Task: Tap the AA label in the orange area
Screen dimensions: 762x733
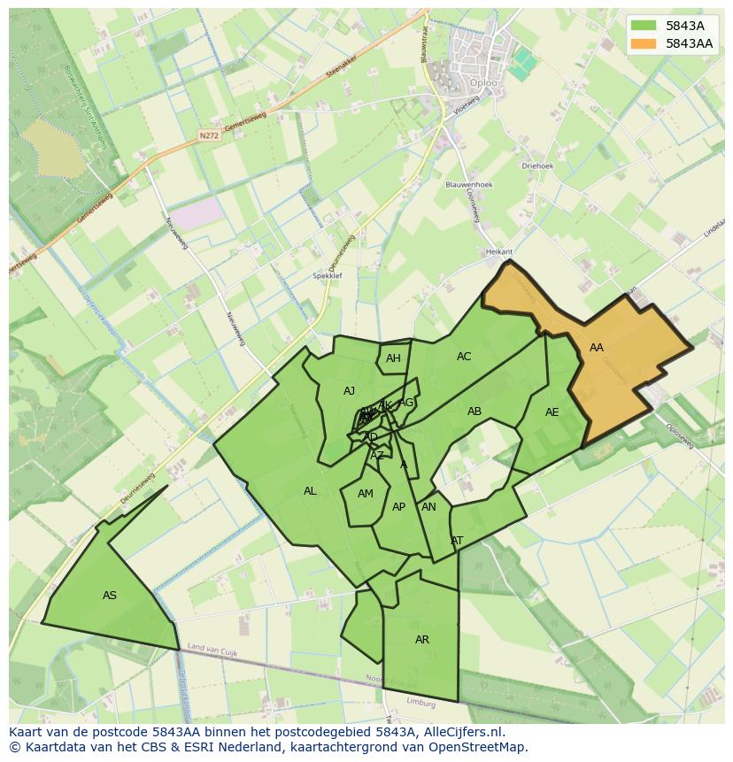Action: pos(597,348)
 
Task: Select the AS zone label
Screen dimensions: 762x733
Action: pos(110,596)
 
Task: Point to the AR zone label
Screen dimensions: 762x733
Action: pos(422,640)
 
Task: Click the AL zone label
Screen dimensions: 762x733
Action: pos(310,491)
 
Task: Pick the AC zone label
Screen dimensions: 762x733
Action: pos(464,357)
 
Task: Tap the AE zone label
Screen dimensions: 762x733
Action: pos(552,412)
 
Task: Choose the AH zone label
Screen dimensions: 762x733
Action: pos(393,358)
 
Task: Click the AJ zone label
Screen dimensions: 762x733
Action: pos(349,391)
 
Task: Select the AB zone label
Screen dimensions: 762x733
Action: pos(475,412)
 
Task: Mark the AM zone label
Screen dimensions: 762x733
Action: pos(366,494)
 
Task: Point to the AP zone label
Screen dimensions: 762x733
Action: pos(398,507)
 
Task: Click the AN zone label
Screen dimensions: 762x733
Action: pos(428,507)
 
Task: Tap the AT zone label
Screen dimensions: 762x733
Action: pos(457,540)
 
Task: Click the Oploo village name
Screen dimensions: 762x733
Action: pos(483,83)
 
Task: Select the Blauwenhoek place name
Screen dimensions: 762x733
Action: pos(469,185)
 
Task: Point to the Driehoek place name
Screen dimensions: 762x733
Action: pos(537,165)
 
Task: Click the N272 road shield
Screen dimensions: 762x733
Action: pos(208,135)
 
